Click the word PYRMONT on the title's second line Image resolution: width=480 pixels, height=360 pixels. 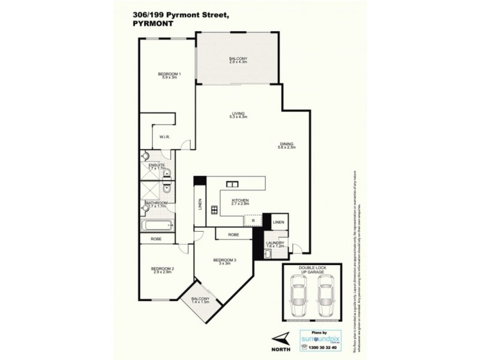[151, 25]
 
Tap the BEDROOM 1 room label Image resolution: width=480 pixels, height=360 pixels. [169, 74]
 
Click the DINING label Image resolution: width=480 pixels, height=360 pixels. [286, 143]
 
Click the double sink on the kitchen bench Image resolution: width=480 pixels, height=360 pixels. [232, 184]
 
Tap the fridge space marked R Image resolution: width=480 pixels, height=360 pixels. [253, 221]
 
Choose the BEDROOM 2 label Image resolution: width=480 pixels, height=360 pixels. [162, 268]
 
